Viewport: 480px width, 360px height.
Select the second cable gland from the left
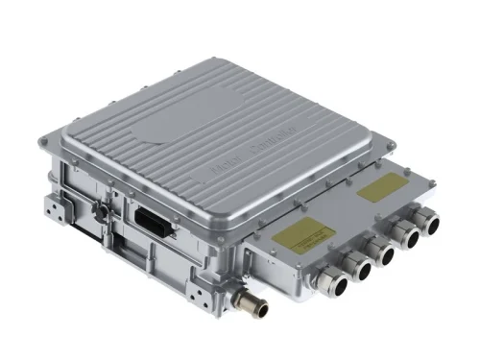[363, 270]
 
